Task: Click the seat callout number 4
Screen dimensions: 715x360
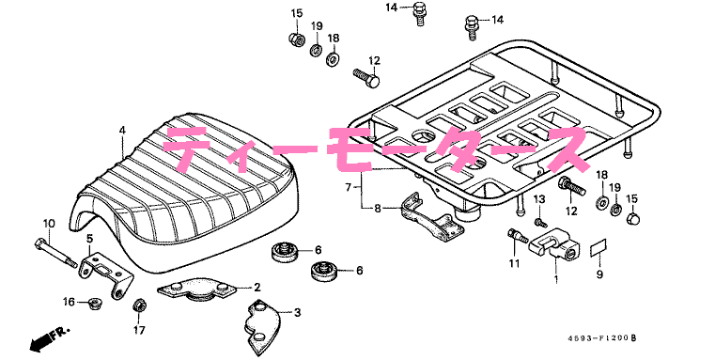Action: pyautogui.click(x=122, y=130)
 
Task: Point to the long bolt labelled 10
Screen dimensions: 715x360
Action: pyautogui.click(x=55, y=252)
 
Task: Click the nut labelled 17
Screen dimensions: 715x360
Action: pyautogui.click(x=138, y=305)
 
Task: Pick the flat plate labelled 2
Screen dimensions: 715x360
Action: pyautogui.click(x=196, y=290)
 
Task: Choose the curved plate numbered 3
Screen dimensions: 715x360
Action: pyautogui.click(x=261, y=326)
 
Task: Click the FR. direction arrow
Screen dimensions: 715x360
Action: pyautogui.click(x=50, y=338)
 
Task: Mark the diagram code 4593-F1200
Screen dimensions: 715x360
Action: pyautogui.click(x=598, y=338)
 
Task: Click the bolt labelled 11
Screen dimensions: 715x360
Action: pyautogui.click(x=517, y=236)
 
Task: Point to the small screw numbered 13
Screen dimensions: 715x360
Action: pyautogui.click(x=540, y=222)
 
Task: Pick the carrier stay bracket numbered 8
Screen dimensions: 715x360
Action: pyautogui.click(x=431, y=218)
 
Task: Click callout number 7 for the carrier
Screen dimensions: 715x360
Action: pyautogui.click(x=348, y=187)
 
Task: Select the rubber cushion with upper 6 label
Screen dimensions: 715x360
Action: pyautogui.click(x=284, y=252)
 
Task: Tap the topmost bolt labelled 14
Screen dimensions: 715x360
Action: pyautogui.click(x=420, y=13)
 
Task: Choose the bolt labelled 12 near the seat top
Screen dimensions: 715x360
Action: pyautogui.click(x=366, y=78)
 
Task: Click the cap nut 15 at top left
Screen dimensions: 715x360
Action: pyautogui.click(x=296, y=39)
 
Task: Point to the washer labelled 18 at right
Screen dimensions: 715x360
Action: pyautogui.click(x=602, y=201)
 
